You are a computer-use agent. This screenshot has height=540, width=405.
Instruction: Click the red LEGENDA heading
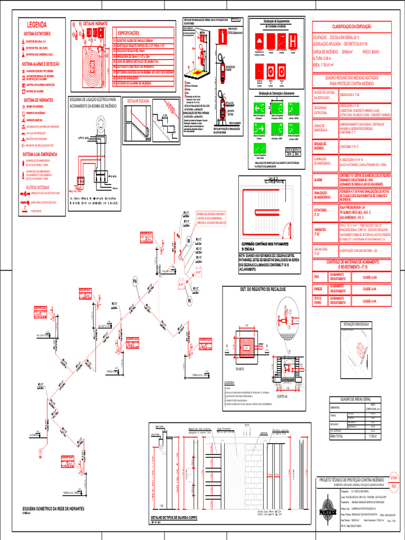pyautogui.click(x=37, y=25)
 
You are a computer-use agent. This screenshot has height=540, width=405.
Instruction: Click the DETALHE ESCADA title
pyautogui.click(x=138, y=100)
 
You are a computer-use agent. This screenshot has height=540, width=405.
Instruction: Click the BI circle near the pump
pyautogui.click(x=189, y=241)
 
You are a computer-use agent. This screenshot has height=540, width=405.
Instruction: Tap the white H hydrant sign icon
pyautogui.click(x=292, y=40)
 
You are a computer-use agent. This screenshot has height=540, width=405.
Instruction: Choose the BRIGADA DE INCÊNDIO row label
pyautogui.click(x=322, y=146)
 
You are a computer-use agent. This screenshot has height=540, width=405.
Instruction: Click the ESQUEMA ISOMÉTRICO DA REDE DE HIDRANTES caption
pyautogui.click(x=54, y=508)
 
